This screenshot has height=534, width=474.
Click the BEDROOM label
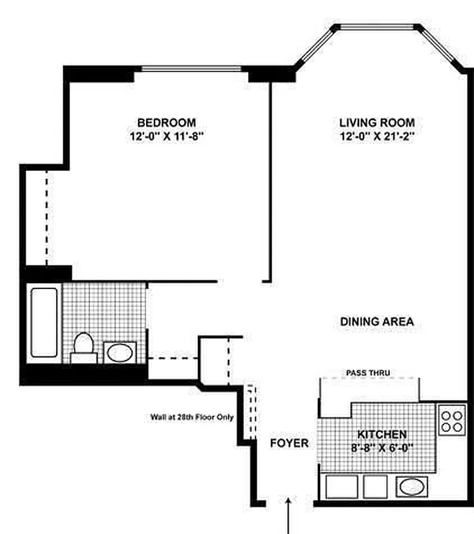pos(167,122)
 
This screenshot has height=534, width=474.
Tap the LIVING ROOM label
pos(377,122)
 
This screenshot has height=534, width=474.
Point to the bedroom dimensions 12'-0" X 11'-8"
pos(167,137)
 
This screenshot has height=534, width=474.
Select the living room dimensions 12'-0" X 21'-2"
pos(377,137)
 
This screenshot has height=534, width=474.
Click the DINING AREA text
pos(377,322)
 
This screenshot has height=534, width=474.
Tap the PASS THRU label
pos(368,372)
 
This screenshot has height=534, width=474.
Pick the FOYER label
pos(289,443)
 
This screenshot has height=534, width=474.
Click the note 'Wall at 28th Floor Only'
pos(193,418)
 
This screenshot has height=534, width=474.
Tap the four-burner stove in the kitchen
pos(451,420)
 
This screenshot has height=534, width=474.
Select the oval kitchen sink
pos(410,485)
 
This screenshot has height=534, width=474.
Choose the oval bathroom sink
pos(121,352)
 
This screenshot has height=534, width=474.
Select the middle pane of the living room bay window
pos(378,27)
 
